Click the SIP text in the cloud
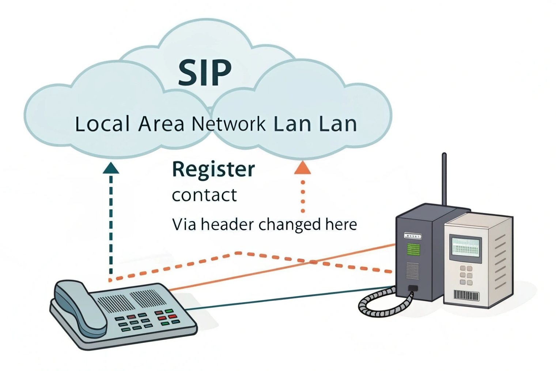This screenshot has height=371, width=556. tap(205, 72)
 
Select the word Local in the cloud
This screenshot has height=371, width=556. tap(102, 124)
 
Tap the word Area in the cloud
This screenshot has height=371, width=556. tap(161, 124)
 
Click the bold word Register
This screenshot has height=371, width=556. tap(213, 170)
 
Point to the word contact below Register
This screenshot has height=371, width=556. tap(204, 195)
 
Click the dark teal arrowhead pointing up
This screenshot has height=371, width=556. tap(111, 168)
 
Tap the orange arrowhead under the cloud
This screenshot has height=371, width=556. tap(303, 168)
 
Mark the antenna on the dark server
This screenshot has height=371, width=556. tap(444, 179)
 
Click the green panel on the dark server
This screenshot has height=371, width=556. tap(413, 250)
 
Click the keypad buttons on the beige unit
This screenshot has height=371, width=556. tap(466, 275)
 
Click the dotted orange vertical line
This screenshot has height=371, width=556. tap(303, 196)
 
